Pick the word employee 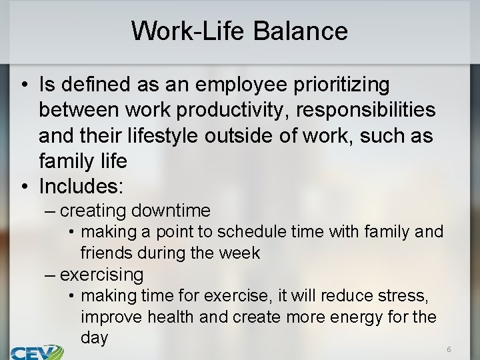[x=221, y=85]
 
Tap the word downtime [x=171, y=211]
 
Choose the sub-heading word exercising [x=101, y=274]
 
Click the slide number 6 [x=449, y=349]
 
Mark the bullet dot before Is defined [x=23, y=85]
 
